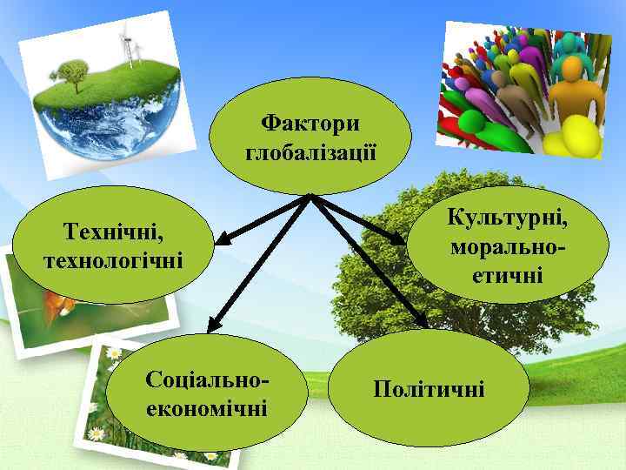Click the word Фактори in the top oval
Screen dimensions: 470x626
coord(310,122)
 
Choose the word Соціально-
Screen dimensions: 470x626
coord(207,379)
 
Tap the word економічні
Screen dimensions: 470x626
coord(207,407)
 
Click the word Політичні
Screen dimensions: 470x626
coord(429,387)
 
